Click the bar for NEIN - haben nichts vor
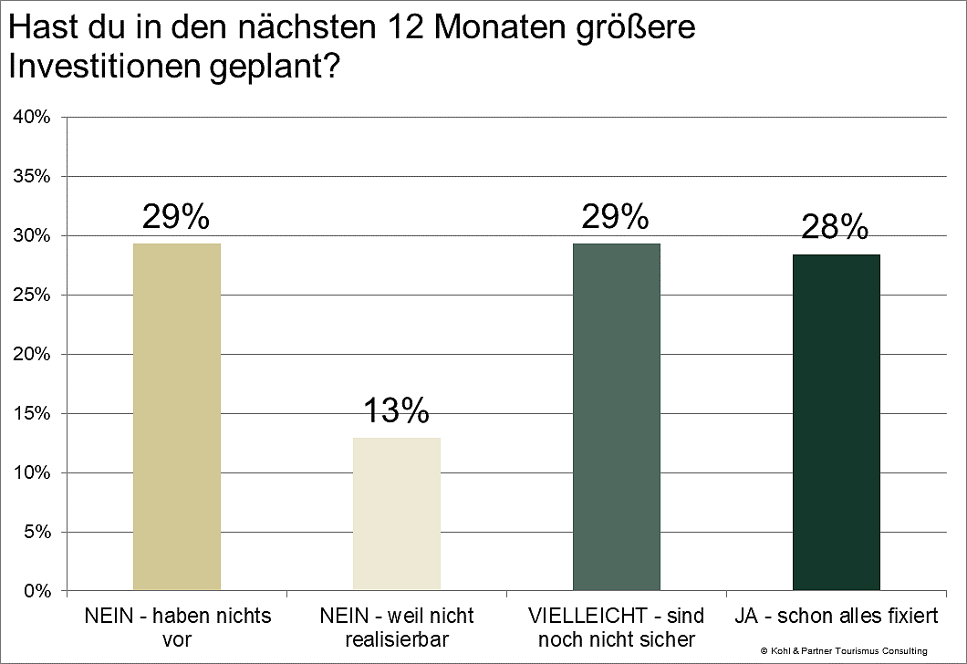(177, 417)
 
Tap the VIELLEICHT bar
(617, 417)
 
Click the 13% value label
(397, 411)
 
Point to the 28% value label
(834, 227)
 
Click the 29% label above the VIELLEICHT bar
(617, 217)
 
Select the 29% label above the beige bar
(177, 217)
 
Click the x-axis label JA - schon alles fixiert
(836, 617)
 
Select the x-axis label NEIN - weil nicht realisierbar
(396, 628)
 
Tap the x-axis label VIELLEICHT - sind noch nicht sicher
(617, 628)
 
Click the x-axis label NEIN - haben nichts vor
(177, 628)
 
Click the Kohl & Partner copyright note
(843, 650)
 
